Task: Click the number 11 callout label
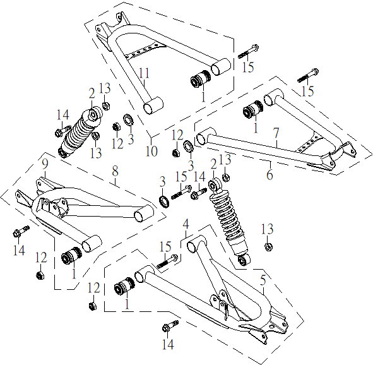click(x=144, y=73)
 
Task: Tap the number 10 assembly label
click(x=151, y=151)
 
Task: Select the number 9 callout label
click(x=45, y=164)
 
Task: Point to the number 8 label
click(x=115, y=171)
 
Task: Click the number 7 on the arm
click(x=276, y=133)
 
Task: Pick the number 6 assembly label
click(x=269, y=174)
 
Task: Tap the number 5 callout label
click(x=263, y=281)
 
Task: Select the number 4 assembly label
click(x=186, y=224)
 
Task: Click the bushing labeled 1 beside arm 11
click(x=201, y=78)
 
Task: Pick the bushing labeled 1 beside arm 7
click(x=253, y=109)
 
